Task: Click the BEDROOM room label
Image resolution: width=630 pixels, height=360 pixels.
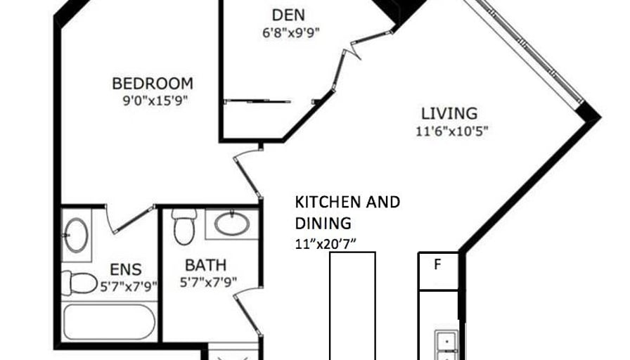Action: click(x=153, y=84)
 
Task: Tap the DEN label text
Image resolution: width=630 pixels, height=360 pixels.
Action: click(x=288, y=15)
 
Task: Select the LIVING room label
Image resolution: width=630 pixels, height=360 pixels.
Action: click(x=449, y=114)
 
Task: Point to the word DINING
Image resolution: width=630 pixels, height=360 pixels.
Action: click(x=323, y=224)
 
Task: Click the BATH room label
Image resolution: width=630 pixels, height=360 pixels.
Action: click(x=206, y=265)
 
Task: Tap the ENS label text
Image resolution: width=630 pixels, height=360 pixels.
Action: click(x=125, y=269)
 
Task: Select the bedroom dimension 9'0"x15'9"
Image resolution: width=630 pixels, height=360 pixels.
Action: click(x=155, y=101)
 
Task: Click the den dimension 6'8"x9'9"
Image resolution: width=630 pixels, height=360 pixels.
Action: click(x=291, y=32)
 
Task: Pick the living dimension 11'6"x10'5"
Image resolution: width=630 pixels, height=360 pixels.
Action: click(x=451, y=131)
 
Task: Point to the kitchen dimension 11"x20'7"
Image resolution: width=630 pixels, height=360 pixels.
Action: click(x=326, y=244)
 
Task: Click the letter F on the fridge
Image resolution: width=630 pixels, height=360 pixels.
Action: click(x=437, y=264)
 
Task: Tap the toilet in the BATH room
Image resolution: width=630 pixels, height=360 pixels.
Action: click(x=184, y=226)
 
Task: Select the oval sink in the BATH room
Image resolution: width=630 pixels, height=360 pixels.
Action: click(x=232, y=224)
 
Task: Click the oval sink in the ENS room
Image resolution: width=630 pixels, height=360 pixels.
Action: click(x=77, y=236)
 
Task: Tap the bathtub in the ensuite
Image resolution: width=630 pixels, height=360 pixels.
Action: click(x=108, y=322)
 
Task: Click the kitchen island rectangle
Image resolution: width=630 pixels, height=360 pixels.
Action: click(x=353, y=306)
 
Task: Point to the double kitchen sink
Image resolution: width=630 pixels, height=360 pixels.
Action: click(x=446, y=345)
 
